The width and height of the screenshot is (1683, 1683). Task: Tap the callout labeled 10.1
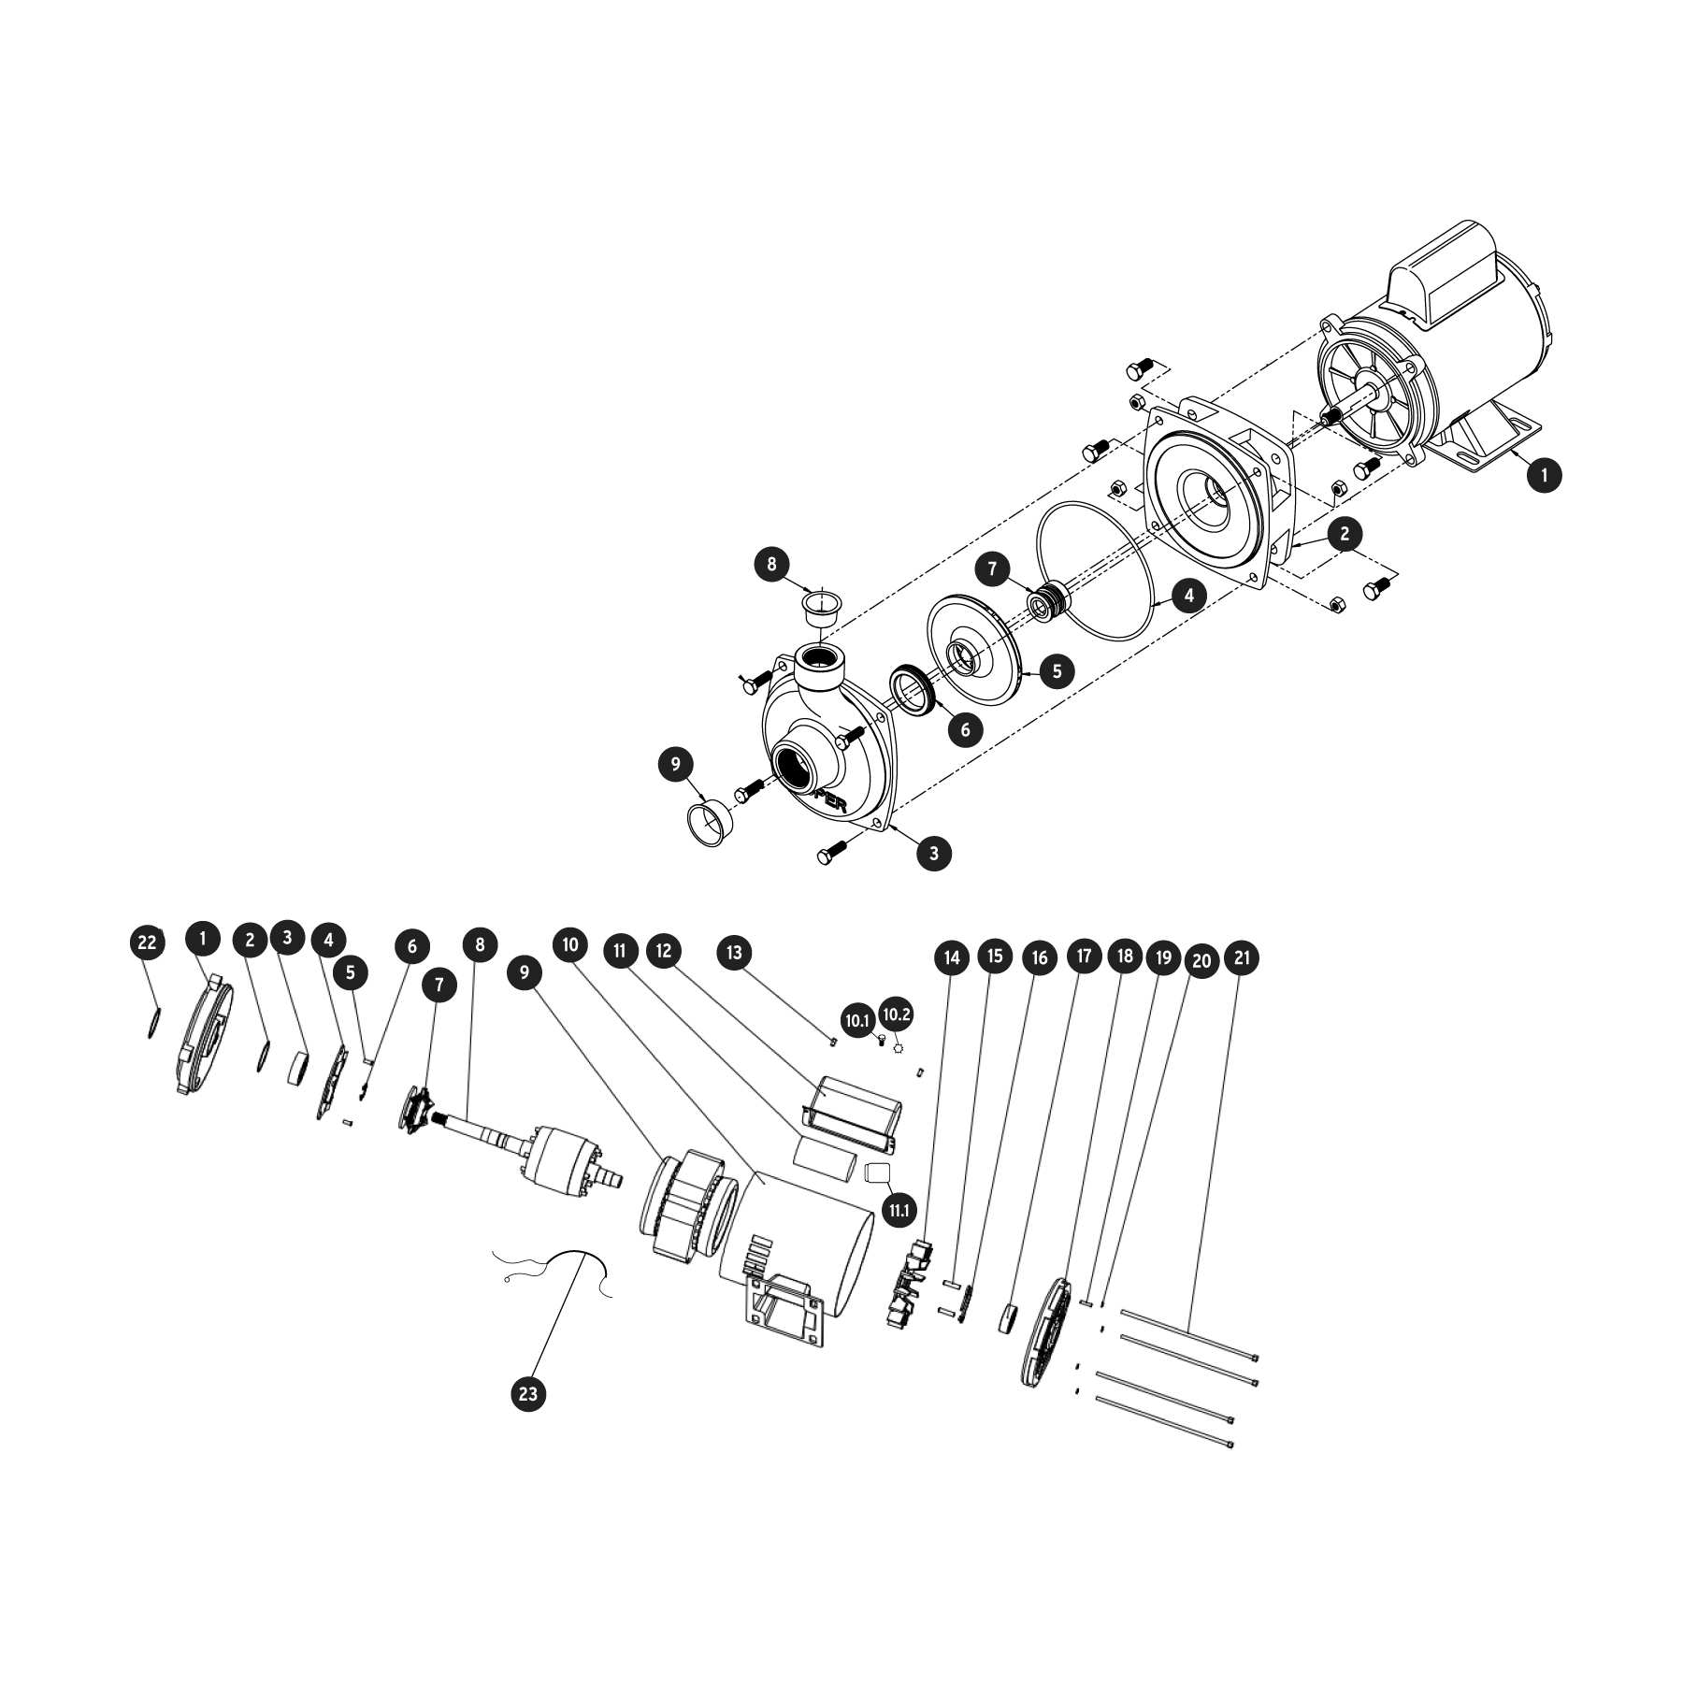click(x=857, y=1021)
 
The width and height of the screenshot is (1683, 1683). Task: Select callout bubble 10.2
click(x=896, y=1014)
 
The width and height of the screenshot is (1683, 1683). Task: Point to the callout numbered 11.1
click(x=899, y=1211)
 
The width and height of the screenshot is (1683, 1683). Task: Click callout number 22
click(x=147, y=942)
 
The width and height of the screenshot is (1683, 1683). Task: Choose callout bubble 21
click(x=1242, y=958)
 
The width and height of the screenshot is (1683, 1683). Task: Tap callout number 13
click(x=734, y=953)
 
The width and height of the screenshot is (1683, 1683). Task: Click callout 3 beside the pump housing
click(x=933, y=852)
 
